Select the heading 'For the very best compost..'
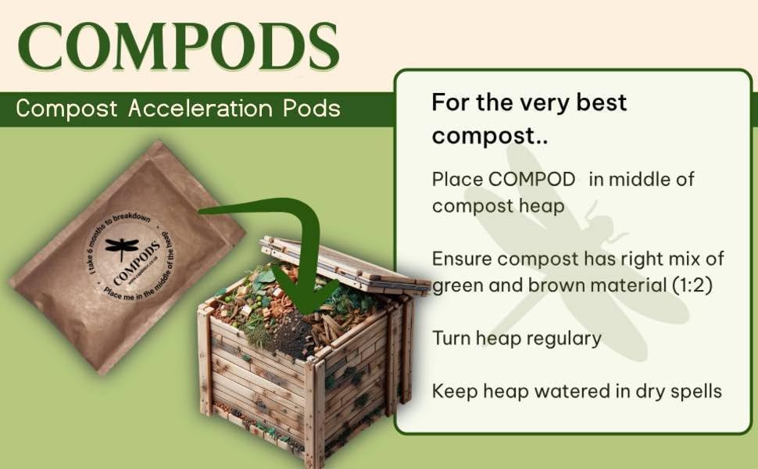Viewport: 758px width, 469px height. pyautogui.click(x=529, y=119)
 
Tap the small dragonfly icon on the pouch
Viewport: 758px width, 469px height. pyautogui.click(x=122, y=249)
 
